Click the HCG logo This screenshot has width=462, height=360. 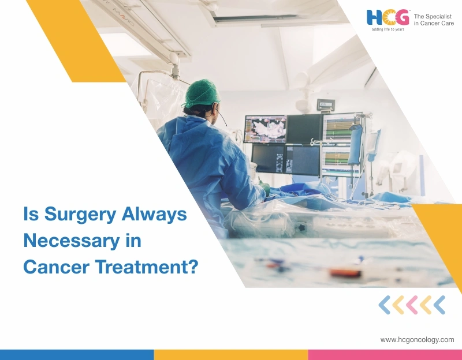click(x=387, y=17)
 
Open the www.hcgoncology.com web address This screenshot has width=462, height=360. click(x=417, y=340)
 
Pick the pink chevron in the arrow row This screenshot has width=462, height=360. click(x=411, y=305)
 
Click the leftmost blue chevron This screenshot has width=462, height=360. click(x=384, y=305)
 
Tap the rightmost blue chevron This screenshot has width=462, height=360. click(x=439, y=305)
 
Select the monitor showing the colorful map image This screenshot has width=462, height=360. click(x=265, y=128)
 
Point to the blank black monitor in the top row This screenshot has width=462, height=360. click(x=304, y=128)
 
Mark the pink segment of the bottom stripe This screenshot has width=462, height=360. click(x=385, y=354)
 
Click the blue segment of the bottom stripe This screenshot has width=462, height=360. click(x=77, y=354)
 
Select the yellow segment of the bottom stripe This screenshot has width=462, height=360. click(x=231, y=354)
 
